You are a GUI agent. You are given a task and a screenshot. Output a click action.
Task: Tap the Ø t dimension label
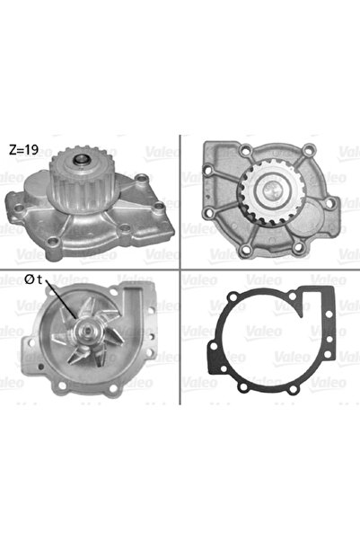(x=33, y=279)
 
